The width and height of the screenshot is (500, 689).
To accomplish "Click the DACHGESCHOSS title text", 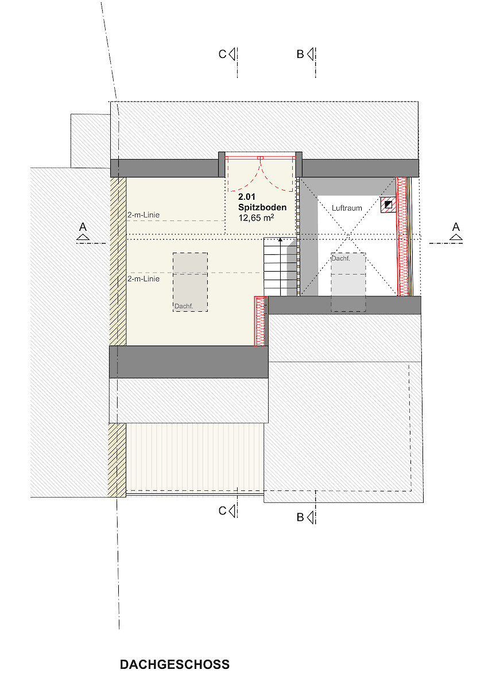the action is (175, 664).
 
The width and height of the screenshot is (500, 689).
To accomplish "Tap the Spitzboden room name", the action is (262, 207).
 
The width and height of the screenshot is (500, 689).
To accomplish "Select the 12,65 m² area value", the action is (256, 218).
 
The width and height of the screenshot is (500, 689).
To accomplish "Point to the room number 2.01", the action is (247, 197).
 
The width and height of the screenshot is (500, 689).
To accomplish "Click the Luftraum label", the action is (347, 208).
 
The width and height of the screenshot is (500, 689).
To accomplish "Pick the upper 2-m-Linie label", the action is (144, 215).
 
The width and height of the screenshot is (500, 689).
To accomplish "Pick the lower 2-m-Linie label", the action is (144, 278).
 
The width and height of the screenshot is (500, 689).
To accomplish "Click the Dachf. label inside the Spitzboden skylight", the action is (184, 306).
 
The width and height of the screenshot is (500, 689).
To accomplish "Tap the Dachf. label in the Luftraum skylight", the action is (341, 258).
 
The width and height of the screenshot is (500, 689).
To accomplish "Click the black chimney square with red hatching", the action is (389, 204).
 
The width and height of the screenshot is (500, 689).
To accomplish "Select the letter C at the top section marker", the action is (222, 54).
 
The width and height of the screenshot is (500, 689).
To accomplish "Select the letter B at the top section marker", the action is (300, 54).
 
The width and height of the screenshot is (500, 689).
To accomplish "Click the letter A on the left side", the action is (83, 227).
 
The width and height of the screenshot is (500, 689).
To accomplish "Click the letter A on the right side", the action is (456, 227).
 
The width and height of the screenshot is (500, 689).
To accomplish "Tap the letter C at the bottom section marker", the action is (222, 511).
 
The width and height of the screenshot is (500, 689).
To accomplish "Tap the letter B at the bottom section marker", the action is (300, 517).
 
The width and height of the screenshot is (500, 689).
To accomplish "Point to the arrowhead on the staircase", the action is (280, 239).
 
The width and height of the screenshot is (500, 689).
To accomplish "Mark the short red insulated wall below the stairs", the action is (260, 321).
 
